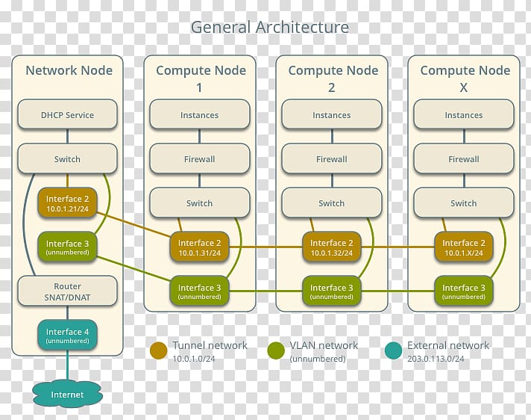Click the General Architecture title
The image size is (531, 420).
coord(269,27)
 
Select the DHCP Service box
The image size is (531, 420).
coord(67,114)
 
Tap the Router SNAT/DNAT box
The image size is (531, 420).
coord(67,291)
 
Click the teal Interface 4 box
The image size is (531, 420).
coord(67,336)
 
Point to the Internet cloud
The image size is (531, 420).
coord(67,394)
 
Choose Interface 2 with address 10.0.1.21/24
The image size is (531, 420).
coord(67,203)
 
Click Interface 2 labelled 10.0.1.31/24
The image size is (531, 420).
coord(199,247)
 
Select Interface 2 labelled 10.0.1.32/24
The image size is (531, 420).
coord(332,247)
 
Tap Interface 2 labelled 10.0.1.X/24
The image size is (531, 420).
coord(464,247)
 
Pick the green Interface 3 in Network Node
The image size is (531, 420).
coord(67,247)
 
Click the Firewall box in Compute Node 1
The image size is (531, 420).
coord(199,158)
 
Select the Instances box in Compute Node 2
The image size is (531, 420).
coord(332,114)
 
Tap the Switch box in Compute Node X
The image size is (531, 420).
coord(464,203)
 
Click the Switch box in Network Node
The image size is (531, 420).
coord(67,158)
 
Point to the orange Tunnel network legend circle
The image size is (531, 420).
coord(159,350)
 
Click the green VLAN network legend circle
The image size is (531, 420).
coord(276,350)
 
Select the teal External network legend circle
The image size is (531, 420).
coord(393,350)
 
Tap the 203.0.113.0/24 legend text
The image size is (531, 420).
coord(436,359)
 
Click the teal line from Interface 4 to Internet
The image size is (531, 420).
coord(67,365)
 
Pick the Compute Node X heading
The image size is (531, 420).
coord(465,78)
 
